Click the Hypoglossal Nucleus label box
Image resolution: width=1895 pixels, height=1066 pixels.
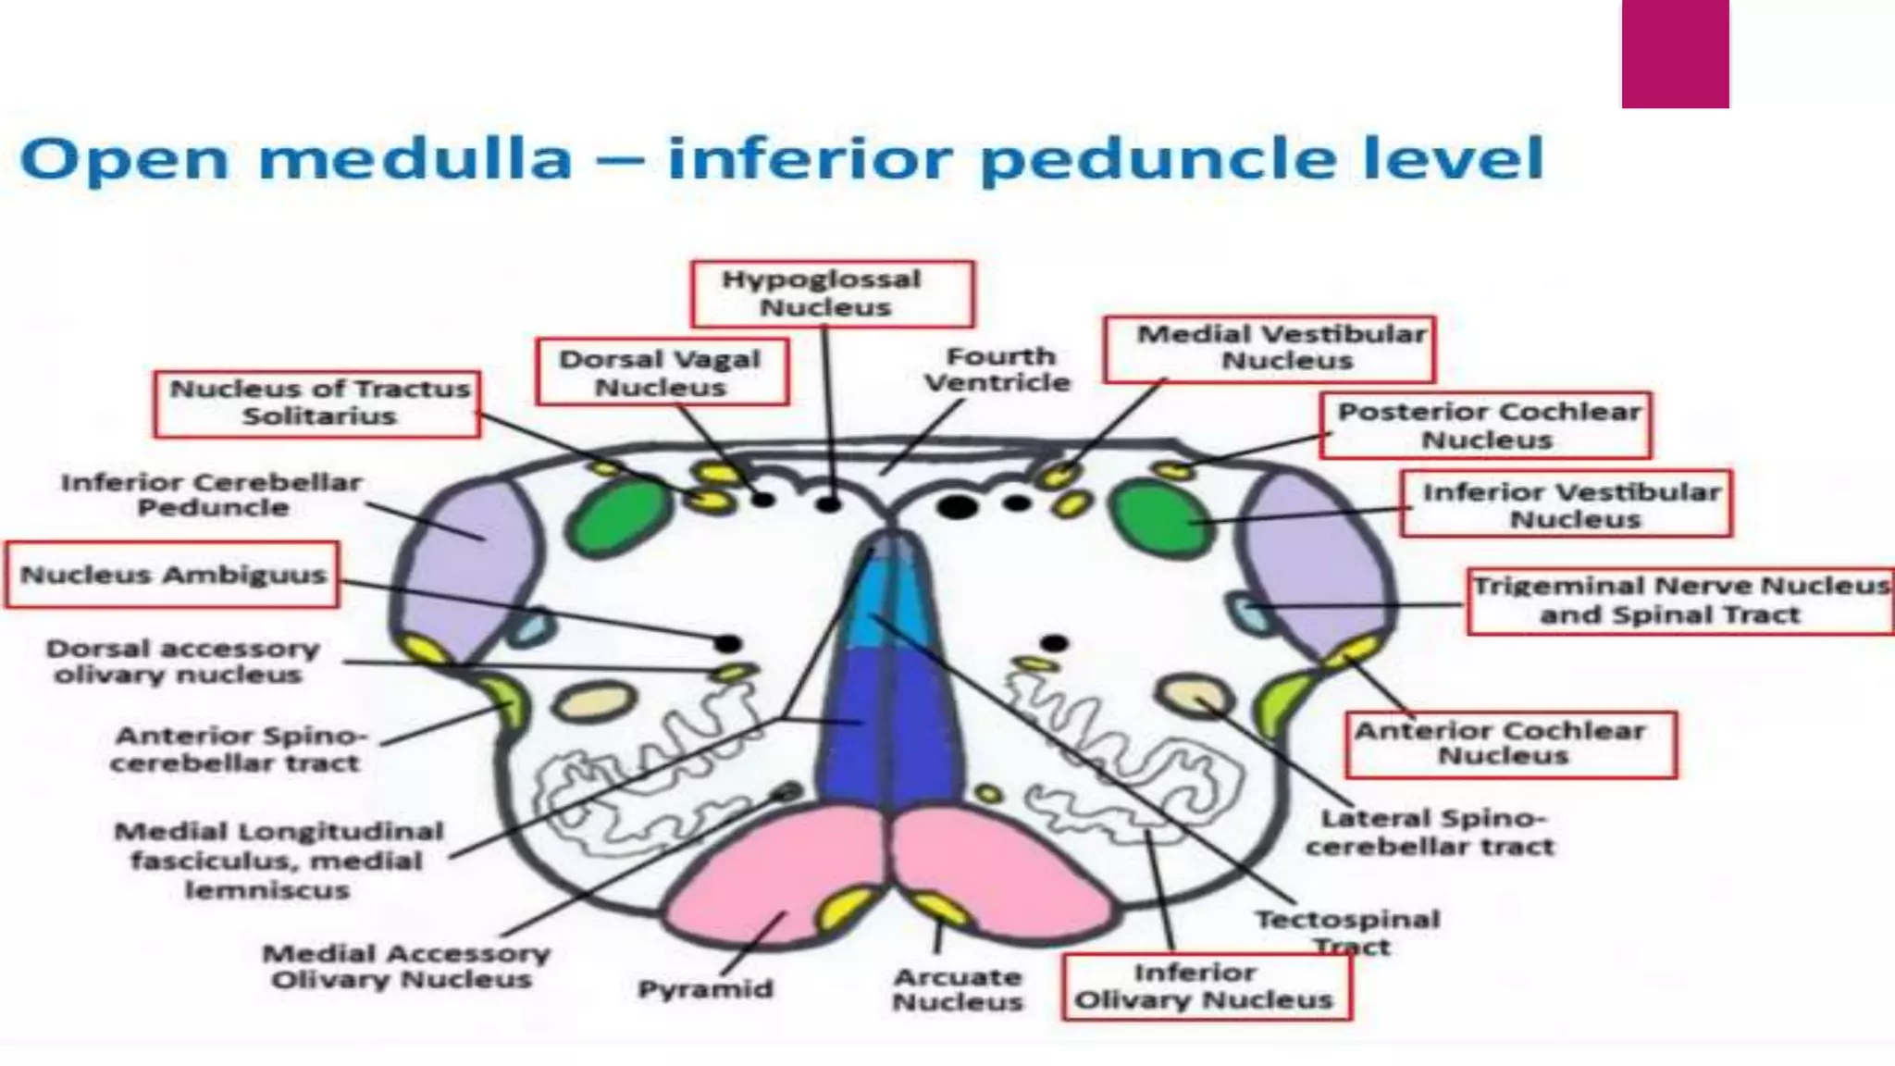pyautogui.click(x=832, y=293)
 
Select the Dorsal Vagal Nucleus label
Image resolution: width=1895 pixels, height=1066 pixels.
pyautogui.click(x=661, y=372)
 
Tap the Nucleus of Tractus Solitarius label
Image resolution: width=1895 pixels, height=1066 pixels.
pyautogui.click(x=317, y=403)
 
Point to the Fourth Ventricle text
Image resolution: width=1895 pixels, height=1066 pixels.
pyautogui.click(x=998, y=369)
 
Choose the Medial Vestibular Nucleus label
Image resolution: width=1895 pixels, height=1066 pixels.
pyautogui.click(x=1270, y=348)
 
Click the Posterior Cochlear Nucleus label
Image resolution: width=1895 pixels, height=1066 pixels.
pyautogui.click(x=1485, y=425)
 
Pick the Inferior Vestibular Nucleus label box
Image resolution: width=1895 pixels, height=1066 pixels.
pyautogui.click(x=1566, y=504)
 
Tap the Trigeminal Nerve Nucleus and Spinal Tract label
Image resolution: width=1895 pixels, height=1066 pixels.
pyautogui.click(x=1679, y=601)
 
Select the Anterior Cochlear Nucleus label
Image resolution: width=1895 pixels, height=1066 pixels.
pyautogui.click(x=1510, y=744)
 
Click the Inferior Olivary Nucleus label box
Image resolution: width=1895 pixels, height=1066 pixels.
pyautogui.click(x=1206, y=986)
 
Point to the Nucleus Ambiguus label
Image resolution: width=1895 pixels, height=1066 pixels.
pyautogui.click(x=172, y=575)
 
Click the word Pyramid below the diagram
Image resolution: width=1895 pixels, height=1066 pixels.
pyautogui.click(x=705, y=988)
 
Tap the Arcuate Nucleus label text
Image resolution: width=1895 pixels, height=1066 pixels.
pyautogui.click(x=958, y=989)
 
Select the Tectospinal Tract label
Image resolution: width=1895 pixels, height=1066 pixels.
pyautogui.click(x=1346, y=931)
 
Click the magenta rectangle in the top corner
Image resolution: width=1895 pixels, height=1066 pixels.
pyautogui.click(x=1675, y=53)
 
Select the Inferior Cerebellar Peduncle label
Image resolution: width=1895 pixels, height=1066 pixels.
pyautogui.click(x=212, y=494)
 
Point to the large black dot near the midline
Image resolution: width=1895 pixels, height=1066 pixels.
pyautogui.click(x=957, y=506)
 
